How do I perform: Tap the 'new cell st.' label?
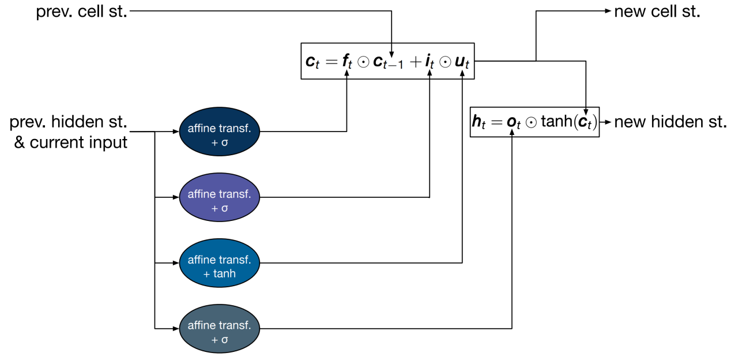pos(657,12)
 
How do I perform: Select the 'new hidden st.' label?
pos(670,122)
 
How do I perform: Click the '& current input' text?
pos(70,142)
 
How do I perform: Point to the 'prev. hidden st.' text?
pos(69,122)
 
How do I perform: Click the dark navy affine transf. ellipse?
pos(220,132)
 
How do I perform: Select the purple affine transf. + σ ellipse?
pos(220,197)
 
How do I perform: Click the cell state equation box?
pos(387,61)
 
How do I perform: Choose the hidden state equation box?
pos(534,122)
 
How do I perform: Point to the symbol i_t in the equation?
pos(430,62)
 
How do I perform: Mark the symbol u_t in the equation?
pos(462,62)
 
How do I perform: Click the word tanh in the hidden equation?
pos(559,122)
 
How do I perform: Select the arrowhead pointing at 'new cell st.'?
pos(608,12)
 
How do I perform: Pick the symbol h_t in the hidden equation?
pos(479,122)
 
